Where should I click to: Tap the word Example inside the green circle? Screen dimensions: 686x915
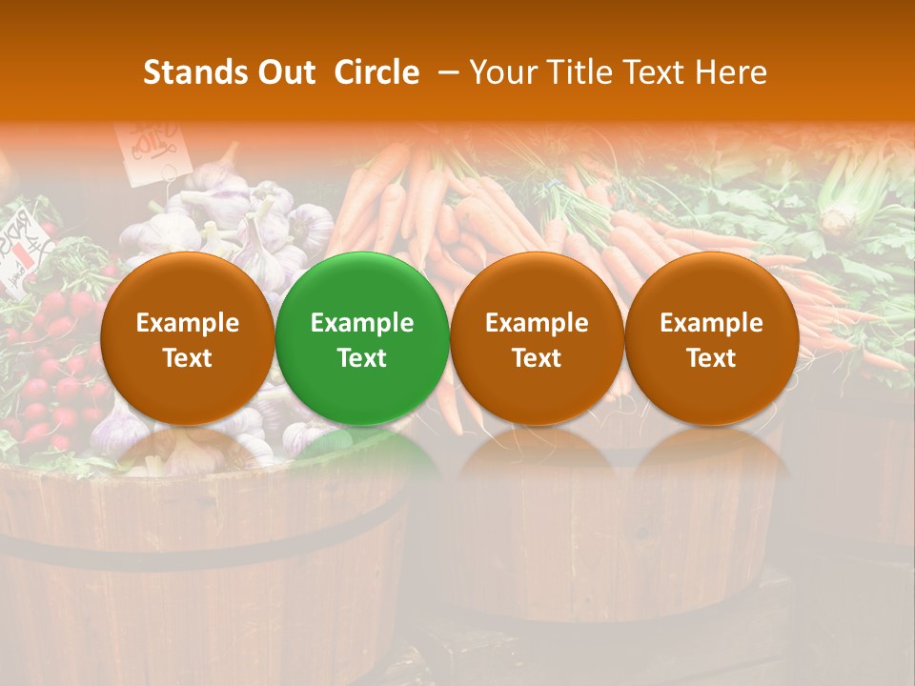pos(362,323)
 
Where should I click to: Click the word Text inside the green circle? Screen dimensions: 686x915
pos(362,358)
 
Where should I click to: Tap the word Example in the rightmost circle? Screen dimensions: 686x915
pos(711,323)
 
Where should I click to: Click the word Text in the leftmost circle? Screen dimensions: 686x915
pos(188,358)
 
